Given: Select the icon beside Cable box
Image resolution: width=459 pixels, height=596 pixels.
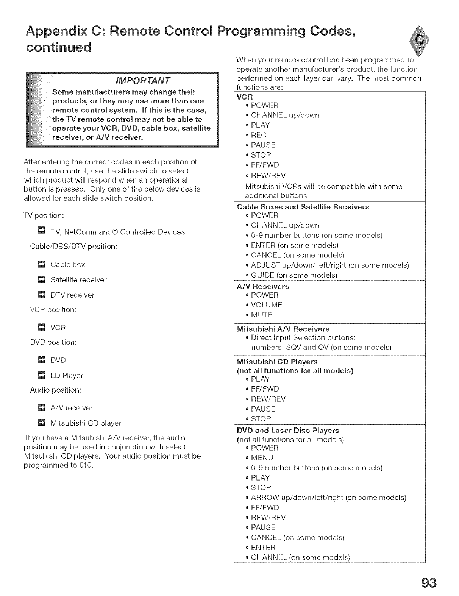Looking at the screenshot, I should pyautogui.click(x=42, y=264).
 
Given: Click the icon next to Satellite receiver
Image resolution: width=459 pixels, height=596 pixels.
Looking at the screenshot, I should pyautogui.click(x=42, y=280).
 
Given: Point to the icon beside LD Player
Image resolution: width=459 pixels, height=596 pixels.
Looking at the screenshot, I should pyautogui.click(x=42, y=375).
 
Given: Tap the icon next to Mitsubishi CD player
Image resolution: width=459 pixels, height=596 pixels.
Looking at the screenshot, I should pyautogui.click(x=42, y=423).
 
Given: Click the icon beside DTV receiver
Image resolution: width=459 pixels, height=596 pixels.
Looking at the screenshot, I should pyautogui.click(x=42, y=295).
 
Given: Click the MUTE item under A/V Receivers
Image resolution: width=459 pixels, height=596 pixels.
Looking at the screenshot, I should pyautogui.click(x=261, y=315).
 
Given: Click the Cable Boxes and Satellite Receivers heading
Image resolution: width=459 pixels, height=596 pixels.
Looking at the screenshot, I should pyautogui.click(x=303, y=207).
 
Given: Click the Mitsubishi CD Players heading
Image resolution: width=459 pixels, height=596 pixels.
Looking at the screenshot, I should pyautogui.click(x=277, y=362).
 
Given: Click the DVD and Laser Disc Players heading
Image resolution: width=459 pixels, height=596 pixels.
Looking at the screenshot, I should pyautogui.click(x=287, y=431).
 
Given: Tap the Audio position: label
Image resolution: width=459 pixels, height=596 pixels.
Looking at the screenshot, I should pyautogui.click(x=56, y=390).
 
